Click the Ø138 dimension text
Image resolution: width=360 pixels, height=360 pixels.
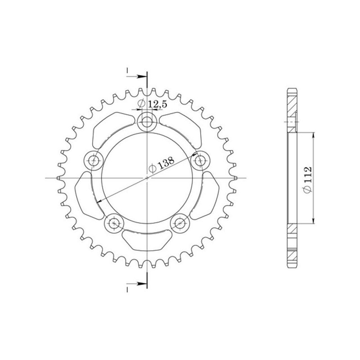pos(161,166)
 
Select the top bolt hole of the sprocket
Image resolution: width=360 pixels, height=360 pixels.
pos(147,121)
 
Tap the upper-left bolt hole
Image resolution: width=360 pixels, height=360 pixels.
pos(94,159)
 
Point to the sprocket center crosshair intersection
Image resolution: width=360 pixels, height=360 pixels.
pos(147,178)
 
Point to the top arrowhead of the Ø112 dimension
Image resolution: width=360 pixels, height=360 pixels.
pos(314,135)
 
